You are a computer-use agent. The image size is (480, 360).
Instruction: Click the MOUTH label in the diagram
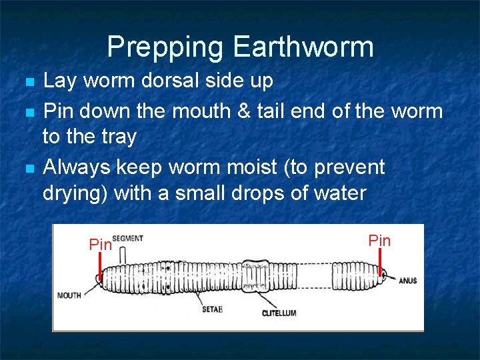coord(69,295)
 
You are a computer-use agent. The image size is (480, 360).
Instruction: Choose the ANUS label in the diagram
coord(407,281)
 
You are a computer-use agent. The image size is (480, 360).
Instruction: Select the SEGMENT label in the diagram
coord(127,239)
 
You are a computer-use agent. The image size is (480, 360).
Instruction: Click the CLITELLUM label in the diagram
coord(279,313)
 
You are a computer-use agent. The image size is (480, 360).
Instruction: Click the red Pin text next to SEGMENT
coord(100,245)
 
